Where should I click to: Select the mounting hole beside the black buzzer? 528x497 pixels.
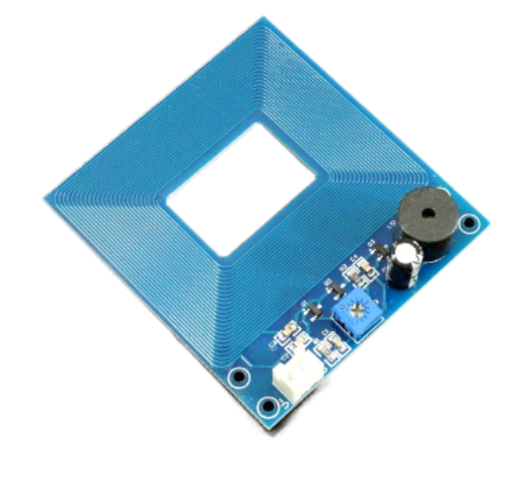click(471, 223)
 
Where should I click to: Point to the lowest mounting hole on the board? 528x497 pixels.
click(264, 407)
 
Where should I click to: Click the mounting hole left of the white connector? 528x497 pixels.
click(238, 377)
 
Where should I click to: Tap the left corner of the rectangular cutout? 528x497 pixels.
click(166, 202)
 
